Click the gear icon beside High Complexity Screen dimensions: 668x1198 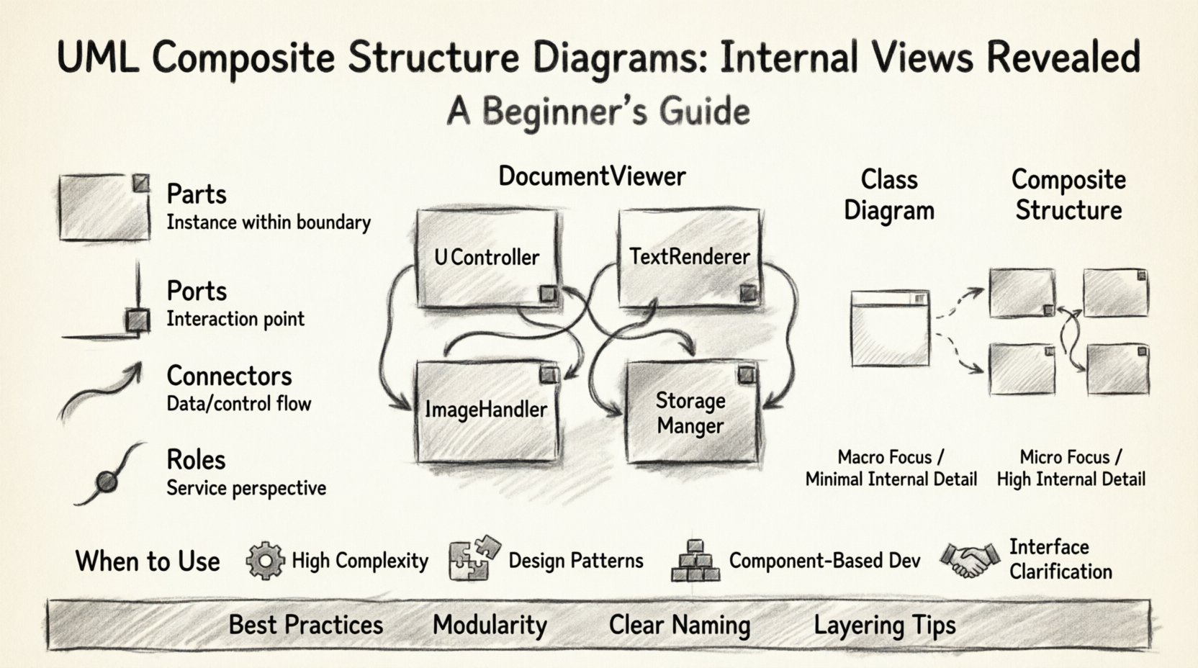click(x=265, y=561)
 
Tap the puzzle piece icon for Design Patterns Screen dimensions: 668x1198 click(x=474, y=559)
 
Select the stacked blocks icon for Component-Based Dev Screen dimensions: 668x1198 click(x=695, y=561)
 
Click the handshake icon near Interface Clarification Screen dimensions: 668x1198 click(x=970, y=559)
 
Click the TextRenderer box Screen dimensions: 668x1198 click(x=689, y=257)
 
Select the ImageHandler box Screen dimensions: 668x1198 click(x=487, y=410)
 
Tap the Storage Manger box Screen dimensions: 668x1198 click(x=691, y=412)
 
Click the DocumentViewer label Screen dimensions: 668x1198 click(x=592, y=176)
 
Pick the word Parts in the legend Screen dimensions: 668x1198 click(x=196, y=194)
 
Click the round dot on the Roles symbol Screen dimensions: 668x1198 click(x=107, y=481)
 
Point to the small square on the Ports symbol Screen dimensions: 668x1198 click(x=137, y=320)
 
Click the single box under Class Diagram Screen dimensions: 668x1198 click(x=890, y=328)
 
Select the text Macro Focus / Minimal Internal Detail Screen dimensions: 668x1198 click(x=891, y=468)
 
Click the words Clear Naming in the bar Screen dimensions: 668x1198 click(x=679, y=625)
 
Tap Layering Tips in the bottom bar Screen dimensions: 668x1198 click(x=884, y=625)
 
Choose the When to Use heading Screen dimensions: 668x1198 click(x=148, y=561)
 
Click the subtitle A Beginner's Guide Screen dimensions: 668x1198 click(x=598, y=112)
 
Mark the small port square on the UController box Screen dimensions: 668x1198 click(x=548, y=293)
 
